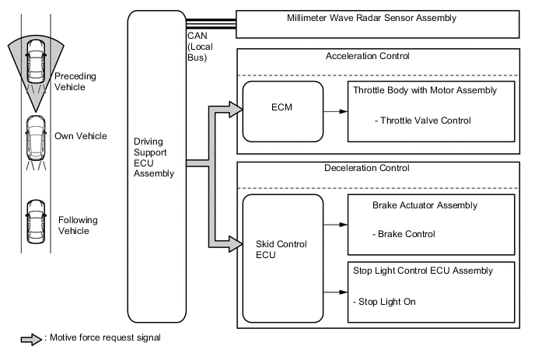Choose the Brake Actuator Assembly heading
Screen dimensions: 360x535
point(425,205)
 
